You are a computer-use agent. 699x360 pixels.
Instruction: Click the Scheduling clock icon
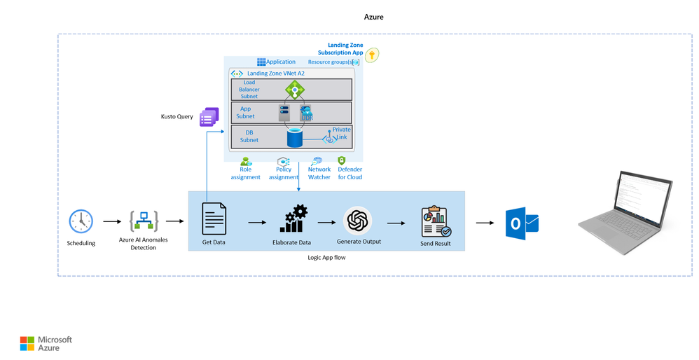[81, 221]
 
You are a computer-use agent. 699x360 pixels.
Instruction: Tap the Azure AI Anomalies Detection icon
[144, 221]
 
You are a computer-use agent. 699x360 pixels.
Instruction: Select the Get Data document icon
[214, 219]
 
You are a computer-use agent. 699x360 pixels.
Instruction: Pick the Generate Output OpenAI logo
[358, 221]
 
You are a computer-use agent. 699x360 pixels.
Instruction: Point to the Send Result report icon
[436, 221]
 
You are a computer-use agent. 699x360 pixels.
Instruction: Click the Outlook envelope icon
[522, 223]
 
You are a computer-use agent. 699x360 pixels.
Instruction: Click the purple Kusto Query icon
[209, 117]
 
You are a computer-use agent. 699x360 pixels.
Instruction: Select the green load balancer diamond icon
[294, 90]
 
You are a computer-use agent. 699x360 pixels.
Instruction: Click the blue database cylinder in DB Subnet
[295, 137]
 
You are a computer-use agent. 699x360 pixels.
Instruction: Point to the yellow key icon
[372, 55]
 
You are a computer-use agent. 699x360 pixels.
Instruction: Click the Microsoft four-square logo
[27, 343]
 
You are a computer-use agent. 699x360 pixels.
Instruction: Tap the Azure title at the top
[373, 17]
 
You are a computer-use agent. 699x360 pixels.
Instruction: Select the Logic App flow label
[326, 258]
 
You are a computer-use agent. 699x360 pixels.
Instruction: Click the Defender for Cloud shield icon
[342, 161]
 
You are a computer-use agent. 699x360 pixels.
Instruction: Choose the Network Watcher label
[319, 173]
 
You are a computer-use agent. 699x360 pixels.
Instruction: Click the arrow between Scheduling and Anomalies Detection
[111, 222]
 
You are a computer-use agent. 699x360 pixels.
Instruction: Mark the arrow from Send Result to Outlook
[485, 223]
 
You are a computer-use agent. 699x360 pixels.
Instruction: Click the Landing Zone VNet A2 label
[275, 73]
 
